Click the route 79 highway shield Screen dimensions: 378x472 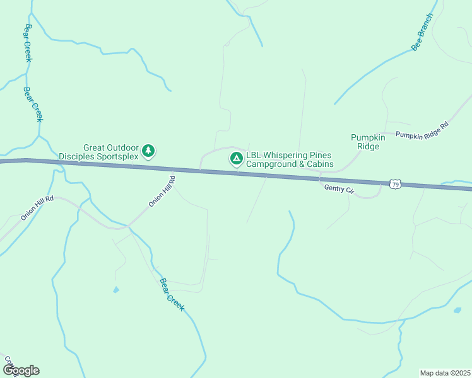(395, 183)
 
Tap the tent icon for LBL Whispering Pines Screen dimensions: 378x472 (236, 159)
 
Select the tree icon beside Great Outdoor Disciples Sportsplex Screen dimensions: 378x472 (148, 151)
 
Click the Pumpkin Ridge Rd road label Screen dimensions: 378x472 (422, 130)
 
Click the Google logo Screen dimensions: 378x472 (21, 370)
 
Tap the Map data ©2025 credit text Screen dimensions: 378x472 (445, 373)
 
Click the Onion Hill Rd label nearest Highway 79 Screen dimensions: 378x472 (162, 192)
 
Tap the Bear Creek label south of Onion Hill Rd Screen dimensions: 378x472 (172, 294)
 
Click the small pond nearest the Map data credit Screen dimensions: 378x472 (457, 310)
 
